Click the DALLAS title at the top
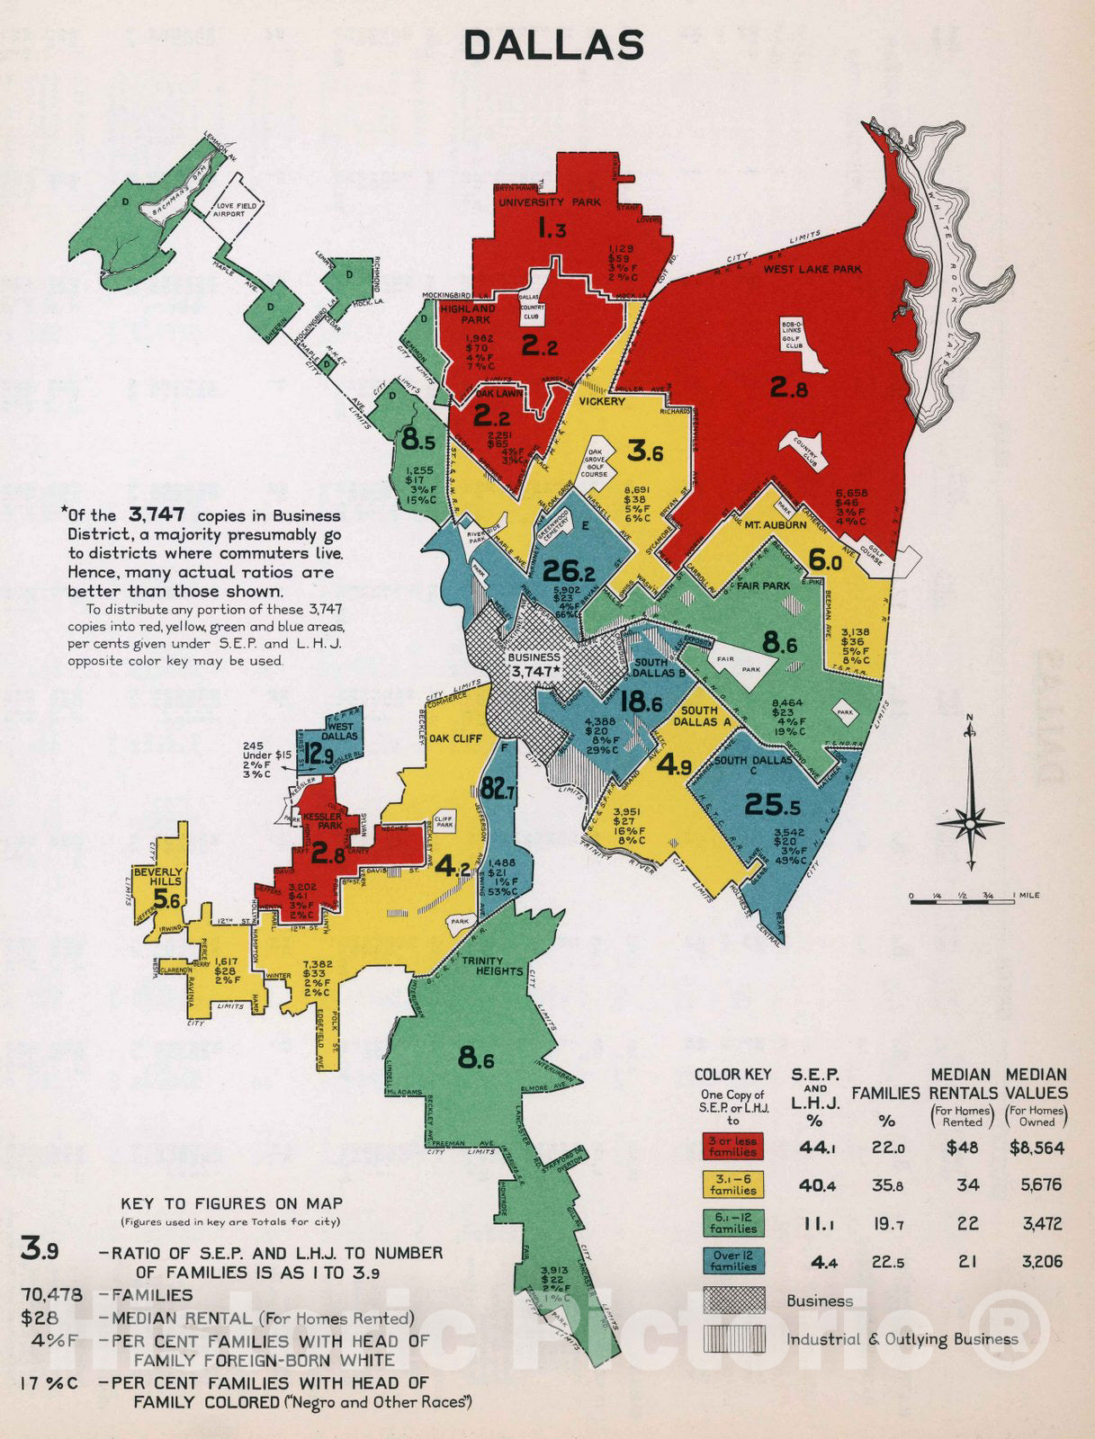pyautogui.click(x=554, y=45)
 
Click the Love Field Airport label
pyautogui.click(x=236, y=210)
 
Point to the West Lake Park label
pyautogui.click(x=812, y=269)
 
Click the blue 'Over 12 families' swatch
pyautogui.click(x=732, y=1261)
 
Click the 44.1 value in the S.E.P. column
pyautogui.click(x=818, y=1148)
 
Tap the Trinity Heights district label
pyautogui.click(x=492, y=966)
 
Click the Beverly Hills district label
pyautogui.click(x=157, y=877)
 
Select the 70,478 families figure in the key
pyautogui.click(x=51, y=1295)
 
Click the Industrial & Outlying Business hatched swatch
pyautogui.click(x=732, y=1339)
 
